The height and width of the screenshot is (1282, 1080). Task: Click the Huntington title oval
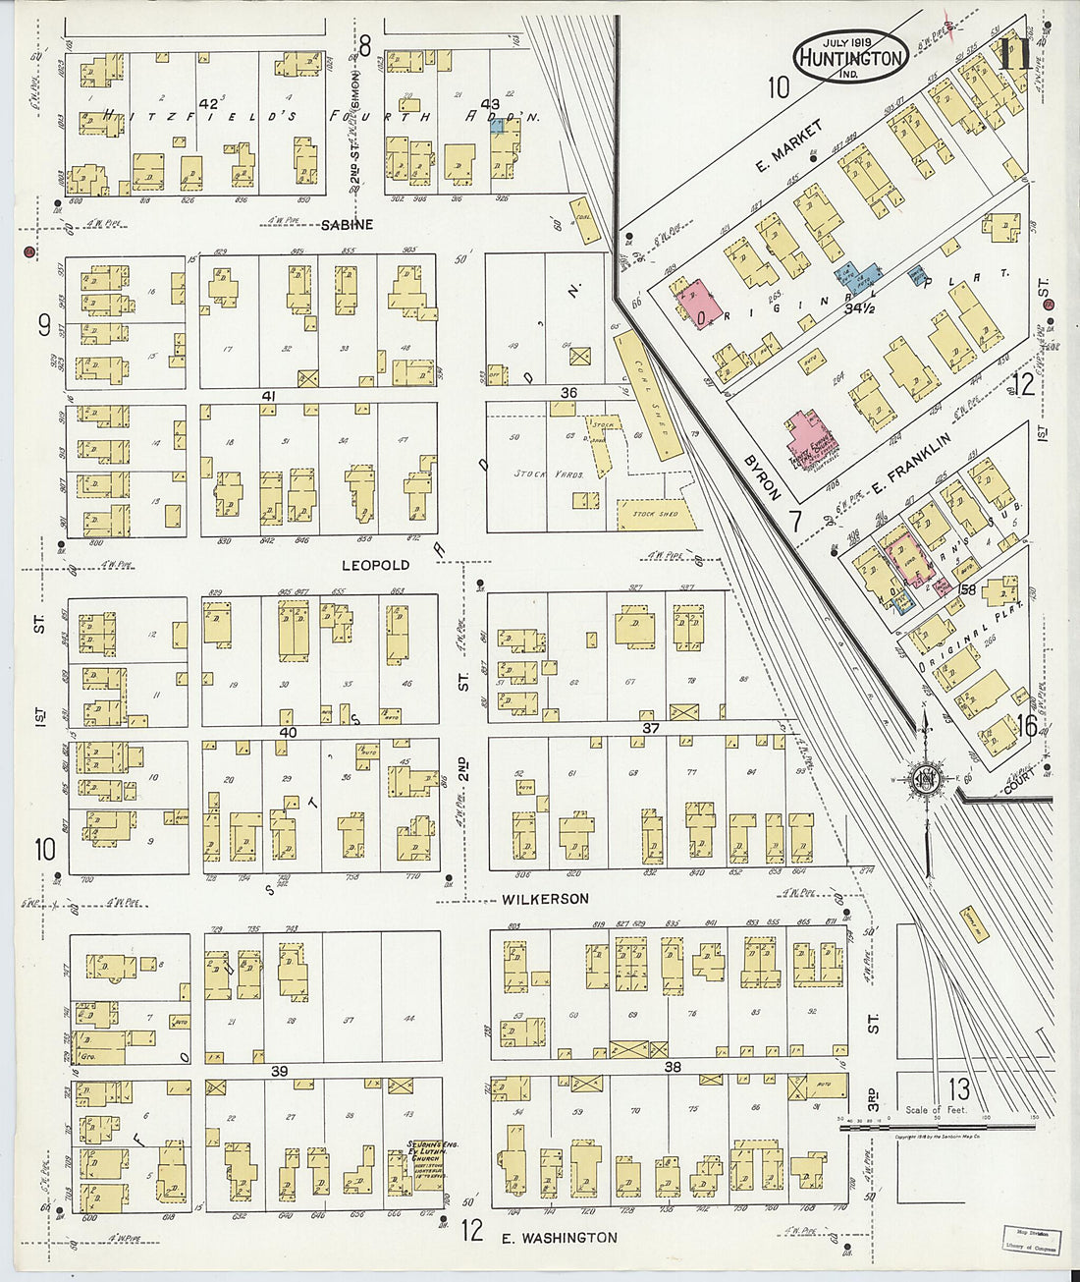pyautogui.click(x=850, y=56)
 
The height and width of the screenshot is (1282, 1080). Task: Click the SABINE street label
pyautogui.click(x=347, y=225)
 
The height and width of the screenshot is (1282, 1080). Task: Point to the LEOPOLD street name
pyautogui.click(x=375, y=566)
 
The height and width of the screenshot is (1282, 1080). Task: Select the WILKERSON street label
pyautogui.click(x=545, y=899)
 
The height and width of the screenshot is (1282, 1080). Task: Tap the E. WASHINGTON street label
pyautogui.click(x=560, y=1238)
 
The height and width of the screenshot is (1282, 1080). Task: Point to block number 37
pyautogui.click(x=651, y=728)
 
